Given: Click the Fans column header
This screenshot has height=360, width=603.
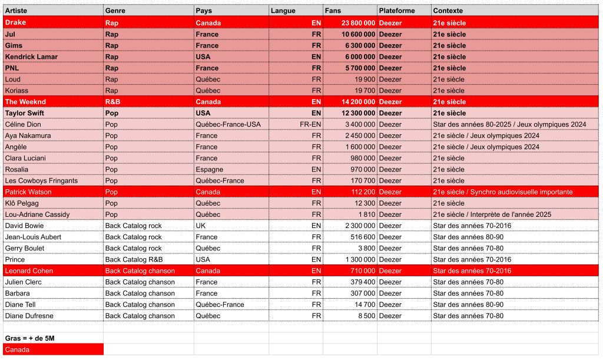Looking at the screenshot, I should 333,11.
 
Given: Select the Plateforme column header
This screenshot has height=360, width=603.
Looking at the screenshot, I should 397,11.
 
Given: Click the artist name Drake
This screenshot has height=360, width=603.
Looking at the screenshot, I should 16,22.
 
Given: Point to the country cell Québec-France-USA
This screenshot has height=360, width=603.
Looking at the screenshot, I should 228,124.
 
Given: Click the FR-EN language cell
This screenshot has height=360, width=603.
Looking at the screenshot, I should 310,124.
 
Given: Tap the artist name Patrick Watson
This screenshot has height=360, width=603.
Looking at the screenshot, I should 28,192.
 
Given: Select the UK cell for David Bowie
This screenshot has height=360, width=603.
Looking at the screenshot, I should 200,226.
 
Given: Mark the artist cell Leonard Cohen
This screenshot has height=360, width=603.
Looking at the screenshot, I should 29,271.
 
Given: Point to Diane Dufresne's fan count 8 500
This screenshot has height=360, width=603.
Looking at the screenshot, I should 365,316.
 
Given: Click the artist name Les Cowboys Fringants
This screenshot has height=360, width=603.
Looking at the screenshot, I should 41,181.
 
